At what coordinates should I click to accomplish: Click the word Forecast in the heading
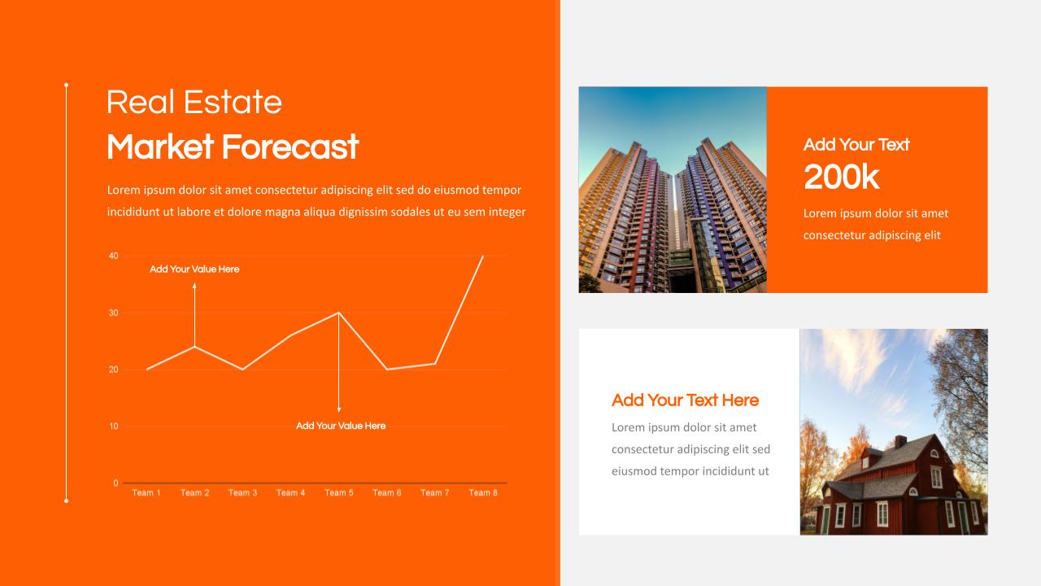[290, 147]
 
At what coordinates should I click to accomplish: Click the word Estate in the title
[233, 102]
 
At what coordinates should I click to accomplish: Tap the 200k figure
[842, 177]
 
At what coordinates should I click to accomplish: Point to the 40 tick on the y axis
[113, 256]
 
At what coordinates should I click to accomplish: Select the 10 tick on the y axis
[113, 426]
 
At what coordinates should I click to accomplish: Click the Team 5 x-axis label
[339, 492]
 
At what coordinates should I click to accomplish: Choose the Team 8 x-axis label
[483, 492]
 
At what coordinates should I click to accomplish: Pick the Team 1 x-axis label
[146, 492]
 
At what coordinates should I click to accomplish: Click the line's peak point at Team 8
[483, 256]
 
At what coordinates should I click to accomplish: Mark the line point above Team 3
[242, 370]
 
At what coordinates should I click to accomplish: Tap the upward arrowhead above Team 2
[194, 286]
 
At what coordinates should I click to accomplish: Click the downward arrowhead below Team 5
[339, 409]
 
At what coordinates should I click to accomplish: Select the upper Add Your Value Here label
[194, 269]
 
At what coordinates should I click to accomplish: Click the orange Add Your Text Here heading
[685, 400]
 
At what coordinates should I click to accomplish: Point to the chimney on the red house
[900, 441]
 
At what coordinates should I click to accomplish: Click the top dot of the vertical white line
[66, 85]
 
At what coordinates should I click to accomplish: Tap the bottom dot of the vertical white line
[66, 501]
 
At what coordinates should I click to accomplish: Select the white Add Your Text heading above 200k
[856, 145]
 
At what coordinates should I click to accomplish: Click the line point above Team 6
[386, 370]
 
